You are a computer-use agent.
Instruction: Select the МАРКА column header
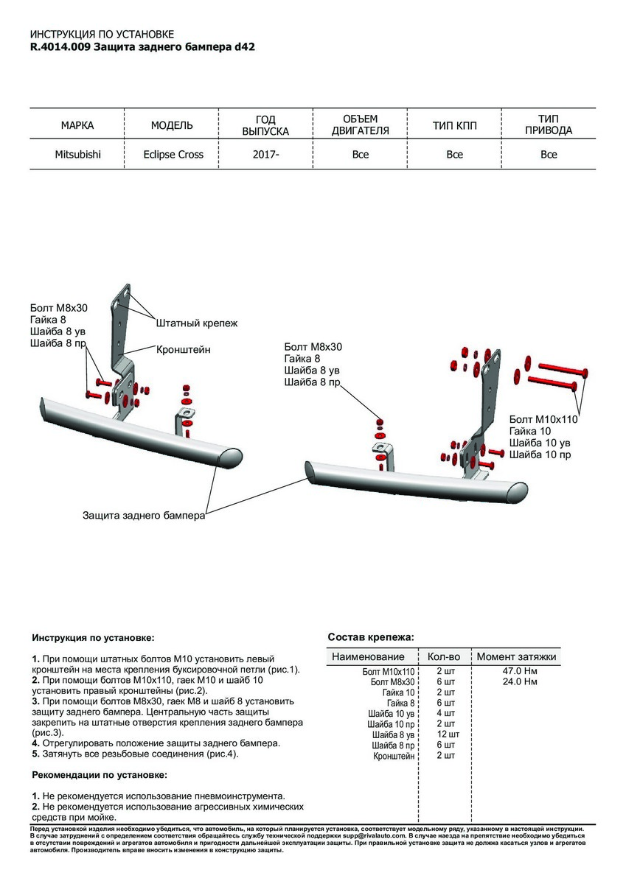tap(77, 125)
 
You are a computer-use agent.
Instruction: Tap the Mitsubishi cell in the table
tap(77, 155)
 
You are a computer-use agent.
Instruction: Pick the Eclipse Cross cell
tap(173, 155)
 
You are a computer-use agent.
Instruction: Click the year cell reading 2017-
tap(266, 155)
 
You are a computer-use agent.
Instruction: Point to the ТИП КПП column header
tap(454, 125)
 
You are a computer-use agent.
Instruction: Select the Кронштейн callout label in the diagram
tap(183, 350)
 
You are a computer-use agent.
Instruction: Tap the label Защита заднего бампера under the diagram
tap(143, 516)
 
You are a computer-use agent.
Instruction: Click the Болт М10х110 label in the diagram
tap(543, 419)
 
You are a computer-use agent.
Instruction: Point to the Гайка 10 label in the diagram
tap(529, 431)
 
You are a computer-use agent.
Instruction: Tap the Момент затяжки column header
tap(516, 656)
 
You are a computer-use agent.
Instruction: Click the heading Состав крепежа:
tap(370, 636)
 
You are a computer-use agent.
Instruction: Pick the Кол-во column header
tap(444, 656)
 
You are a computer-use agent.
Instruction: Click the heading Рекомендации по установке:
tap(100, 775)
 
